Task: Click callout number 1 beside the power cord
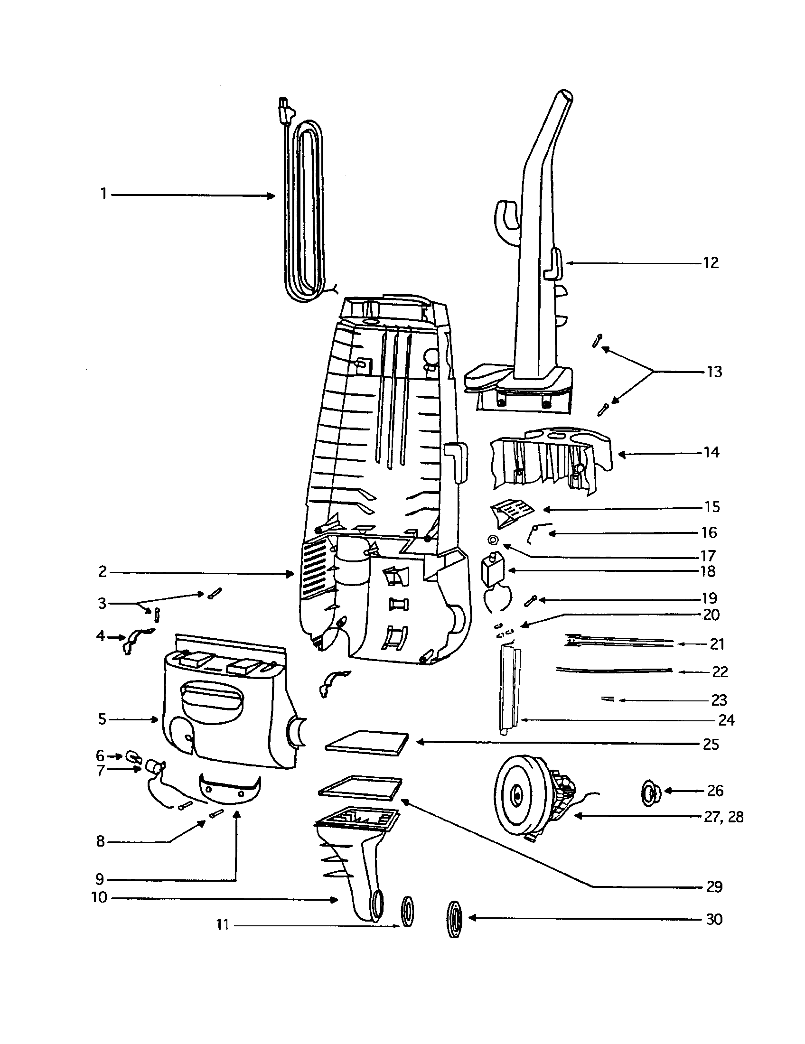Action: point(103,194)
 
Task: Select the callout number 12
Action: point(711,263)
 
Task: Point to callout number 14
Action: point(711,452)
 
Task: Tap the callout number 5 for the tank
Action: point(102,719)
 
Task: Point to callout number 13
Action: point(714,372)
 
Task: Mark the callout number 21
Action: point(717,644)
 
